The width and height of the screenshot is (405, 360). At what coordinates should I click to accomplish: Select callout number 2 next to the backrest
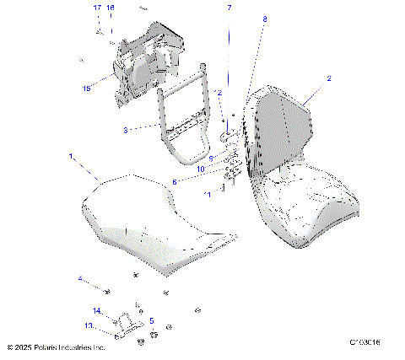(328, 78)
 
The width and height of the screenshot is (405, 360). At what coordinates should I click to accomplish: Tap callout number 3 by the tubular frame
(126, 131)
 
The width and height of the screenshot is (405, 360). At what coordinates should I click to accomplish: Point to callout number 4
(80, 279)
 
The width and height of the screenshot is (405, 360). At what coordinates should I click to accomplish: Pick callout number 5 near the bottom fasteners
(151, 320)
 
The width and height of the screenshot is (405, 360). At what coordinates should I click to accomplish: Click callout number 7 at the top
(227, 8)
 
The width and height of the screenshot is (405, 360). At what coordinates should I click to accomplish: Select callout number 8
(264, 18)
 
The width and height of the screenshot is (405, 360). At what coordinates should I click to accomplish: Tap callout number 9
(211, 158)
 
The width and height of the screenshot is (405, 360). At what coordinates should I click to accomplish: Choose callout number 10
(202, 169)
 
